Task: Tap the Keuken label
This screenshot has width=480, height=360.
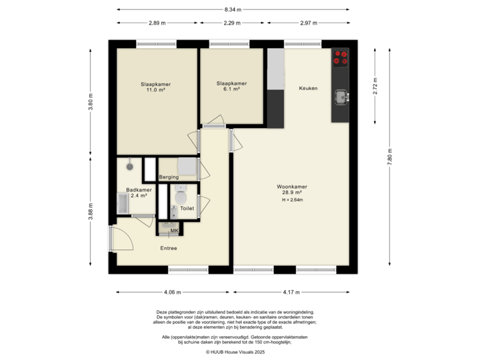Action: tap(308, 89)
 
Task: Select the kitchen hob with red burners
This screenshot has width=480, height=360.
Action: tap(341, 58)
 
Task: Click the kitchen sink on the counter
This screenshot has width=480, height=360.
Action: tap(341, 97)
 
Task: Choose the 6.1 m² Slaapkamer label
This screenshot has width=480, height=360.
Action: tap(231, 87)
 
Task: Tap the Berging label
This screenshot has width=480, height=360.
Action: tap(169, 177)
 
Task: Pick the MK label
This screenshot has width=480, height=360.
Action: tap(174, 231)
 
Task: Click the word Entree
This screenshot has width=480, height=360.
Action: tap(168, 249)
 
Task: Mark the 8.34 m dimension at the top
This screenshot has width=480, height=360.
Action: tap(233, 9)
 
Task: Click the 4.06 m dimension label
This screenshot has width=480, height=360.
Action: tap(173, 292)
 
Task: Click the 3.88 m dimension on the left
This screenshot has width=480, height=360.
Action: tap(91, 212)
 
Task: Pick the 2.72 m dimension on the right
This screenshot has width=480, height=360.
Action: tap(375, 86)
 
